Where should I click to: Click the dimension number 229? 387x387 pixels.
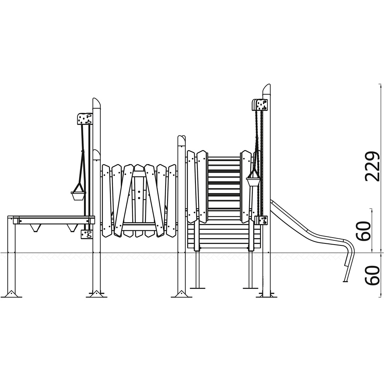point(373,166)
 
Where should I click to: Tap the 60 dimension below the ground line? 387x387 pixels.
point(373,275)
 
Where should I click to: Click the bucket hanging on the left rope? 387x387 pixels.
point(78,196)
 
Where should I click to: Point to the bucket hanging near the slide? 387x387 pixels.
point(253,182)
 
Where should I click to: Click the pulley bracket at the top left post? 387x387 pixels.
point(85,119)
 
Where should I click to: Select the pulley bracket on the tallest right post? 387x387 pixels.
point(260,105)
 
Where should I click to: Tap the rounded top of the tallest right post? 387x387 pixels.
point(267,88)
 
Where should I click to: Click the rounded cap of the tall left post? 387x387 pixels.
point(96,103)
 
